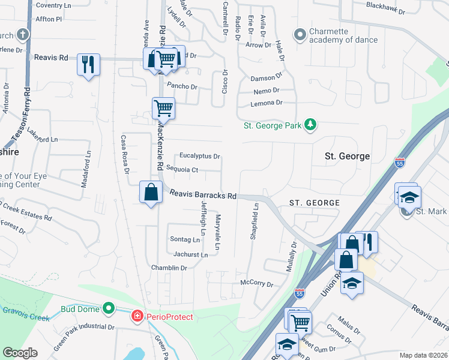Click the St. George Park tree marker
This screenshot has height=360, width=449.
[310, 125]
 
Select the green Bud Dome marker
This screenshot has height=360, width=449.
[108, 309]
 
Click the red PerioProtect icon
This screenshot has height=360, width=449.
[137, 315]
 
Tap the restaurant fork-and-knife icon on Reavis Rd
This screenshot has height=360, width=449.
[89, 63]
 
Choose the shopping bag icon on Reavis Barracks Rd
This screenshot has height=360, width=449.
[151, 193]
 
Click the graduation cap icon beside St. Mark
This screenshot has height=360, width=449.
[409, 197]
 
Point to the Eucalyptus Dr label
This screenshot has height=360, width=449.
[200, 155]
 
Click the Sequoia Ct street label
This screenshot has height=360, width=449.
[182, 170]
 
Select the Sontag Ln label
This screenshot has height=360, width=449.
[185, 239]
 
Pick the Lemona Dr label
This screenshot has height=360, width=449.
[266, 103]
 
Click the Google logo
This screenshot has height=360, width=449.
[20, 353]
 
